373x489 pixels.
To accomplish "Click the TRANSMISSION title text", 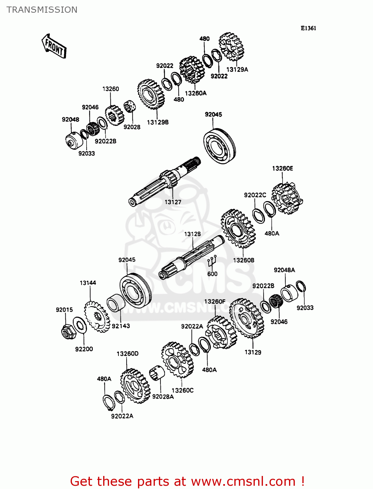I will click(x=42, y=10).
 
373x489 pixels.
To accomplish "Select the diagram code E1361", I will click(x=308, y=28).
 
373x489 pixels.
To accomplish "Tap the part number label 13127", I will click(x=173, y=202).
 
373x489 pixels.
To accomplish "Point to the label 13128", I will click(x=192, y=234).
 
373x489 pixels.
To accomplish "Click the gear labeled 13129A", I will click(x=231, y=46).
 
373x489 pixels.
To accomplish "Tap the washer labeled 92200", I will click(x=79, y=325).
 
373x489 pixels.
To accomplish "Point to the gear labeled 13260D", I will click(x=135, y=386).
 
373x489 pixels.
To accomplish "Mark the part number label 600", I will click(x=212, y=274).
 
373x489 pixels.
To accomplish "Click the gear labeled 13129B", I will click(x=151, y=94).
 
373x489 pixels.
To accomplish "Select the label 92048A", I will click(x=284, y=270).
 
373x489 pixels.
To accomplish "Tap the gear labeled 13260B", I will click(x=238, y=229).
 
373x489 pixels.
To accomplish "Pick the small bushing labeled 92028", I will click(x=130, y=106).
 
